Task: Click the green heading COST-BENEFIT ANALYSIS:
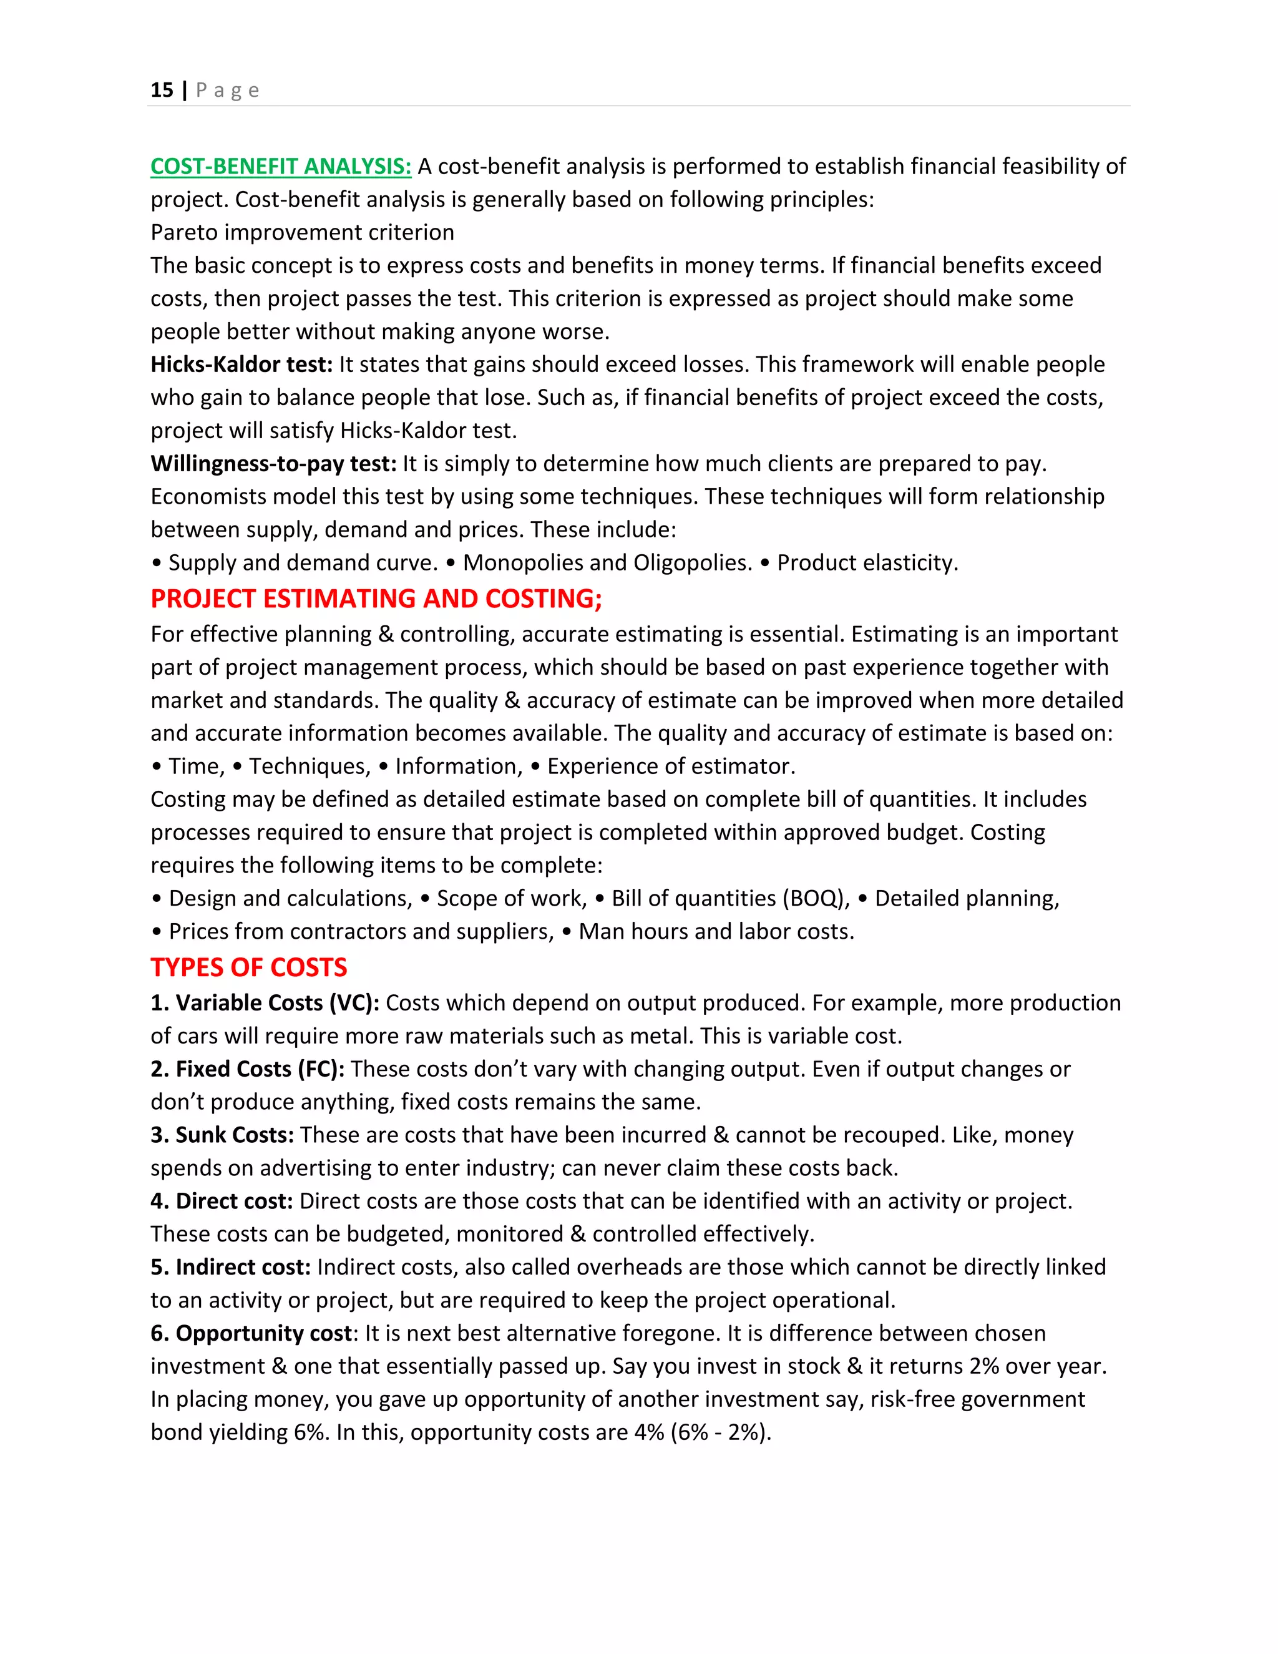pyautogui.click(x=280, y=167)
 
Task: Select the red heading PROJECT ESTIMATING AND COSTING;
pyautogui.click(x=376, y=599)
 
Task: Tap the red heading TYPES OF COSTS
pyautogui.click(x=248, y=968)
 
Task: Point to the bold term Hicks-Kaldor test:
pyautogui.click(x=241, y=365)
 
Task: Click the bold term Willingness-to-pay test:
pyautogui.click(x=273, y=464)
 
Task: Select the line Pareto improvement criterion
pyautogui.click(x=302, y=233)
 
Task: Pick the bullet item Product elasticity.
pyautogui.click(x=867, y=563)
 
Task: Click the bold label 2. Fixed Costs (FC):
pyautogui.click(x=248, y=1069)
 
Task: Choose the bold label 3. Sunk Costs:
pyautogui.click(x=222, y=1135)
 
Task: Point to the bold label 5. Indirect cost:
pyautogui.click(x=231, y=1267)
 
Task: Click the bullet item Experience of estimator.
pyautogui.click(x=671, y=766)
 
